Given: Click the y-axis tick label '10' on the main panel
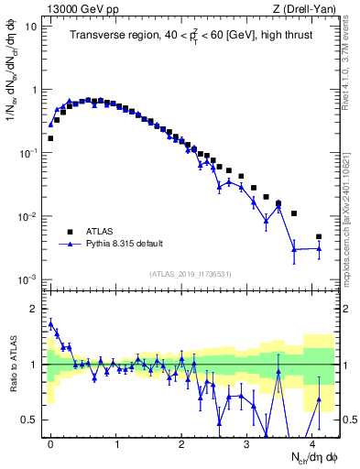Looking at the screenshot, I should click(29, 27).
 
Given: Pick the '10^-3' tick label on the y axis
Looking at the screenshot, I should click(27, 279).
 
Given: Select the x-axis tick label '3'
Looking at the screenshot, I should click(247, 443).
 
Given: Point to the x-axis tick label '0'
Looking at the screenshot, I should click(49, 443).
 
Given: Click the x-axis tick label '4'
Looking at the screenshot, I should click(313, 443).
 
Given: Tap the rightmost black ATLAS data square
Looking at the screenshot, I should click(319, 237).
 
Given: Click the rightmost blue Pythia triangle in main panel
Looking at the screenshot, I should click(319, 248).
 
